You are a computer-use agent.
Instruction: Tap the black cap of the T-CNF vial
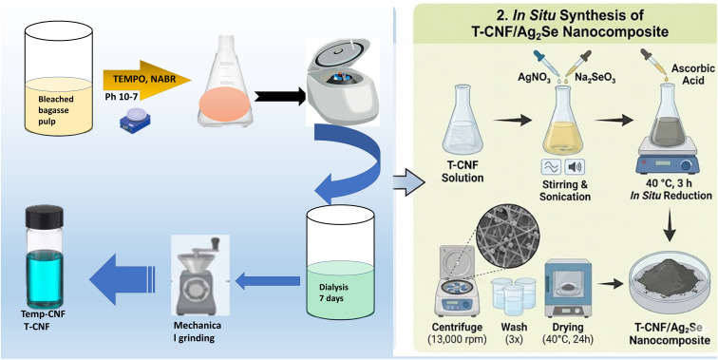coord(45,217)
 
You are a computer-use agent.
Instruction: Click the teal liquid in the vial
coord(45,277)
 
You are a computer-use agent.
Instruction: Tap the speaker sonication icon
coord(576,167)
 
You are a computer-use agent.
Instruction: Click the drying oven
coord(569,290)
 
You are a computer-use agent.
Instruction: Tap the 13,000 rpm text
coord(458,340)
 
